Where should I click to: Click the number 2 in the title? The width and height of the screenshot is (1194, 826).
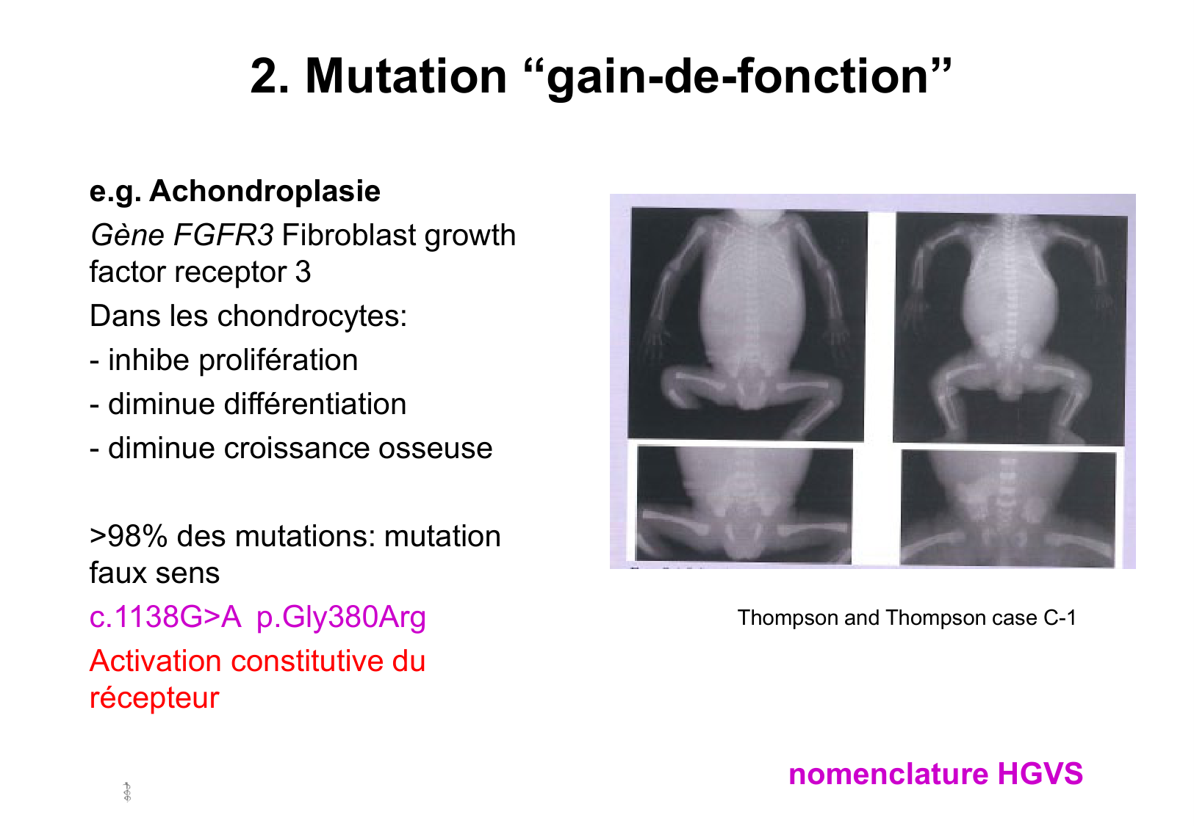point(269,76)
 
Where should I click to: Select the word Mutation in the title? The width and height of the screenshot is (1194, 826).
point(406,76)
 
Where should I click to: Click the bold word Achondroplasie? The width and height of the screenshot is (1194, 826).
point(265,191)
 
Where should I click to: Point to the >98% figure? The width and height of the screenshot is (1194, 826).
point(129,536)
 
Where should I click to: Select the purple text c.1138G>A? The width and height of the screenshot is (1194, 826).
point(165,617)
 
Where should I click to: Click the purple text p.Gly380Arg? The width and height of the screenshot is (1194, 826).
point(341,618)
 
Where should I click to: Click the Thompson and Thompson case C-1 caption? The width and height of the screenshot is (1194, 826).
point(906,618)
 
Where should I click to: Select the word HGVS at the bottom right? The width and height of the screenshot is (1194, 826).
point(1040,774)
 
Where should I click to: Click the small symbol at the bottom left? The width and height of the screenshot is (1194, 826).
point(127,792)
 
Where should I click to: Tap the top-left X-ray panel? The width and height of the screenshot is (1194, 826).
point(747,325)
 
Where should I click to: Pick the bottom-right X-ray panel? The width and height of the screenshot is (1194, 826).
point(1007,508)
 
